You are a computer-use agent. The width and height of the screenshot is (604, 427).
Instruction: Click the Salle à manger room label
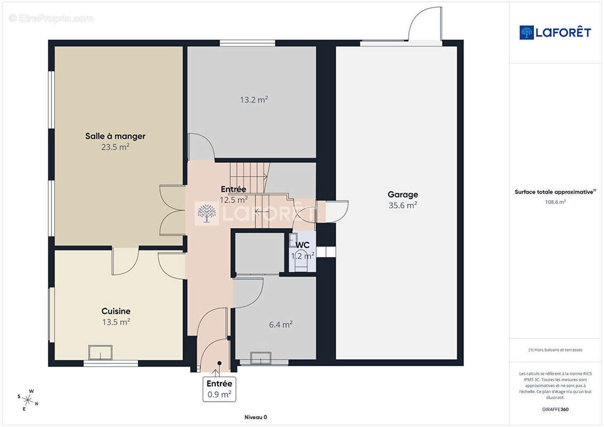pyautogui.click(x=115, y=136)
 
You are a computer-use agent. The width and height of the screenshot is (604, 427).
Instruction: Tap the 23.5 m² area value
pyautogui.click(x=115, y=147)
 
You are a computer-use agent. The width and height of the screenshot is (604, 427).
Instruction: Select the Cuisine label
pyautogui.click(x=116, y=311)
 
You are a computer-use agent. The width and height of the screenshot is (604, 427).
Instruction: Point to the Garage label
pyautogui.click(x=403, y=195)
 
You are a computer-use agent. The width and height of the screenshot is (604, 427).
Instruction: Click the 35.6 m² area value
pyautogui.click(x=403, y=205)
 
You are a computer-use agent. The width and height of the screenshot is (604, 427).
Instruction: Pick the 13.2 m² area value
pyautogui.click(x=254, y=100)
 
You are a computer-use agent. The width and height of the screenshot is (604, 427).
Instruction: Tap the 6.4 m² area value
pyautogui.click(x=281, y=325)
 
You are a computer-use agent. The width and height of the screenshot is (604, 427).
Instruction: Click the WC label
pyautogui.click(x=303, y=245)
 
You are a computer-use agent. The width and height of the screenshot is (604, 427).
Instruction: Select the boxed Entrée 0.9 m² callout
pyautogui.click(x=219, y=389)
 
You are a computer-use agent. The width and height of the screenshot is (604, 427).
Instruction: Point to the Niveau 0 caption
pyautogui.click(x=255, y=417)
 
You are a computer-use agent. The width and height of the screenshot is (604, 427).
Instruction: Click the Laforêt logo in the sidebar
pyautogui.click(x=555, y=33)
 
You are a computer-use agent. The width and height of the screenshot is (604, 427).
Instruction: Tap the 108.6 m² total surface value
pyautogui.click(x=555, y=202)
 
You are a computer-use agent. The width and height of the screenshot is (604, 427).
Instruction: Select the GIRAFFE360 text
pyautogui.click(x=555, y=409)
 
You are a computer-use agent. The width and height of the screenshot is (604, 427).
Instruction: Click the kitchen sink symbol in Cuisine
pyautogui.click(x=100, y=352)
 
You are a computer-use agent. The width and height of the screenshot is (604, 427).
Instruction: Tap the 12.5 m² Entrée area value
pyautogui.click(x=233, y=200)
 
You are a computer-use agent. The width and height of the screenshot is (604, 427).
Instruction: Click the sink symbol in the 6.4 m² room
pyautogui.click(x=261, y=358)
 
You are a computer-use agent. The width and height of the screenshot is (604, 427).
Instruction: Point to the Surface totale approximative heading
pyautogui.click(x=555, y=192)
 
